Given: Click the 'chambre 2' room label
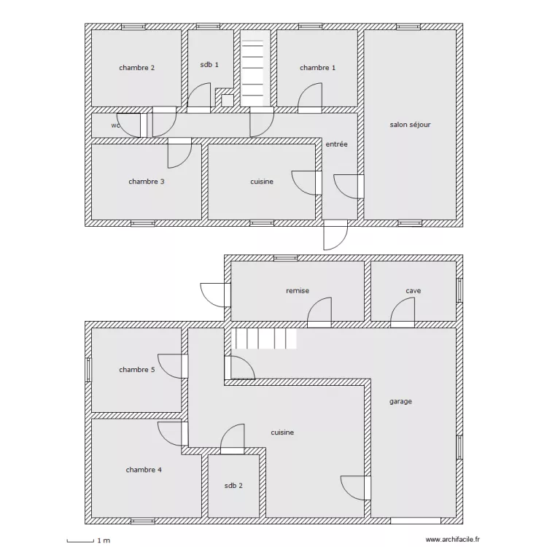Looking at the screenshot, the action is pos(137,68).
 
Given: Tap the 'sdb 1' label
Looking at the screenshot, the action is pos(209,64).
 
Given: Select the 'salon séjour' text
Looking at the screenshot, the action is pos(410,125).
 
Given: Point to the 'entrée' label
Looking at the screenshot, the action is pos(337,144).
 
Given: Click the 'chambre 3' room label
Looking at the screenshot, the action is pos(147,182).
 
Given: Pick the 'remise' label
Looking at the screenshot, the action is pos(298,290).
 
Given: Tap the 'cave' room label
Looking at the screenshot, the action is pos(414,290).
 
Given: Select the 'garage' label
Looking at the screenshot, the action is pos(401,402).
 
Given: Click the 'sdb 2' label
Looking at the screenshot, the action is pos(233,486).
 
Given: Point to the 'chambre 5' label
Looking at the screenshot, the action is pos(137,370).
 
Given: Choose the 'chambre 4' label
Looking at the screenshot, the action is pos(144,470).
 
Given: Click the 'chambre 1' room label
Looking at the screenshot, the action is pos(317,68).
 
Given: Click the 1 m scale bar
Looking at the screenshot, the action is pos(80,541).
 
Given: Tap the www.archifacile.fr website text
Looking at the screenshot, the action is pos(452,540).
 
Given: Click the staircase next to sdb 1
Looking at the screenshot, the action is pos(255,68).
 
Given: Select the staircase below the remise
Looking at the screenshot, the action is pos(264,338).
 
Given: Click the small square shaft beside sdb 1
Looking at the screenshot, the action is pos(228,101).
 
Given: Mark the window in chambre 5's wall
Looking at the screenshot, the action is pos(88,370).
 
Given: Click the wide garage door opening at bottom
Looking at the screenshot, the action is pos(416,521).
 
